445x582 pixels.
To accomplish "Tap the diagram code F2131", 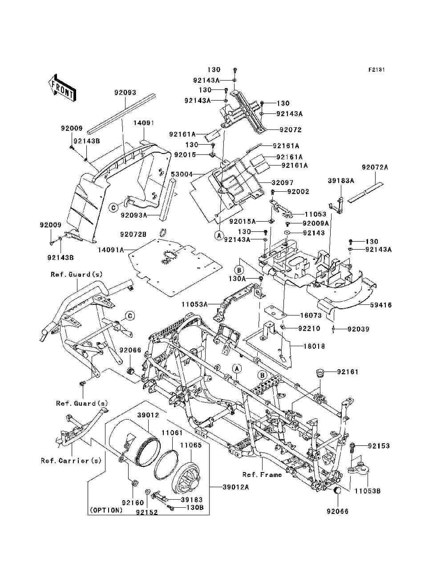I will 376,70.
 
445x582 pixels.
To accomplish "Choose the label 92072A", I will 375,167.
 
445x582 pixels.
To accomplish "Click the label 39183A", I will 341,181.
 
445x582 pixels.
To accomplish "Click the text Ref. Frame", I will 262,475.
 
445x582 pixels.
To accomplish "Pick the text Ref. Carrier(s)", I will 71,461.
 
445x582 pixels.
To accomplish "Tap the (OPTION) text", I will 106,510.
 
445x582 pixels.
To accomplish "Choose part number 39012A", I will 236,487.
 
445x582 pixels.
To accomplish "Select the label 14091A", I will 111,250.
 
